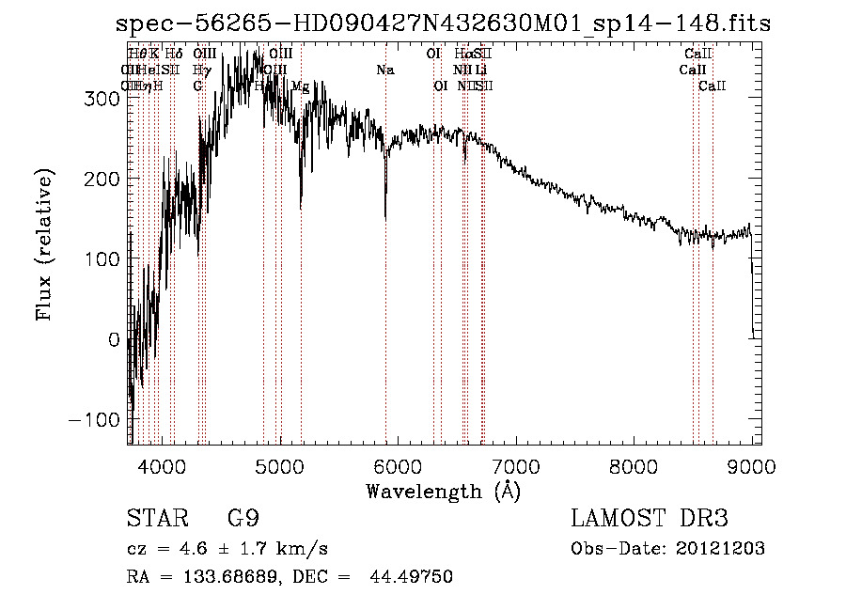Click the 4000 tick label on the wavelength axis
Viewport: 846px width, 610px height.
click(x=161, y=463)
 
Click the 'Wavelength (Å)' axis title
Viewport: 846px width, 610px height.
click(x=443, y=491)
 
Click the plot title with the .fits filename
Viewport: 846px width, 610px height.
click(x=442, y=23)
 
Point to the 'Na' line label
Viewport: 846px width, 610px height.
click(x=385, y=70)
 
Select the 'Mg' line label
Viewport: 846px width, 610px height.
click(x=300, y=86)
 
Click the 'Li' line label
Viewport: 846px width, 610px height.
click(x=480, y=70)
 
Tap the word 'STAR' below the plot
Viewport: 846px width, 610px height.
click(x=150, y=519)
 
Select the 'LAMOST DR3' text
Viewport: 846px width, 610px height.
click(x=650, y=519)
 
